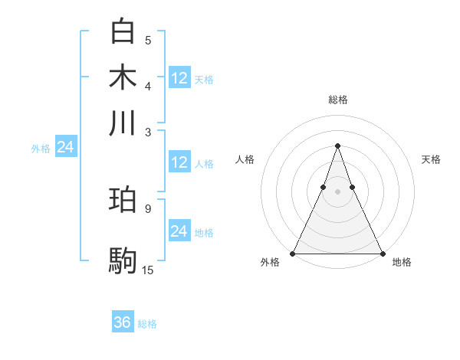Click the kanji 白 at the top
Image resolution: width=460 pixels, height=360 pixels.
tap(123, 32)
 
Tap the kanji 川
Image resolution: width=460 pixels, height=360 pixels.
tap(123, 123)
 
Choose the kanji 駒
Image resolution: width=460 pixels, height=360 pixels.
tap(123, 260)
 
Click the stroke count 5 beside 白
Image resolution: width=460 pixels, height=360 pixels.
tap(148, 41)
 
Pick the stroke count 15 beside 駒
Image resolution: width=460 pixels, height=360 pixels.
tap(148, 270)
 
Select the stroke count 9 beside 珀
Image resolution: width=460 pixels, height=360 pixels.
tap(148, 208)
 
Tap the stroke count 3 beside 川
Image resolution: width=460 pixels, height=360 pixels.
tap(148, 132)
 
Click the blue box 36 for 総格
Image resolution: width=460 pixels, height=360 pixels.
tap(123, 322)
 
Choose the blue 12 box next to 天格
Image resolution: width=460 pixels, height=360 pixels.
tap(179, 78)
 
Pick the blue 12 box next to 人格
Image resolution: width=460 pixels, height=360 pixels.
tap(179, 162)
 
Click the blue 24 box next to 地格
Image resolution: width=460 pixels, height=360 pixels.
tap(179, 231)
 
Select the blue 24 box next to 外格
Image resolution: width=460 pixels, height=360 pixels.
tap(65, 148)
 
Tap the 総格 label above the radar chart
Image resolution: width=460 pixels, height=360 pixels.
tap(337, 100)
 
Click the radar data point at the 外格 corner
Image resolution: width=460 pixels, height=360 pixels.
tap(293, 254)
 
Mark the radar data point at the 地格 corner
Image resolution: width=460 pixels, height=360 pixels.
tap(382, 254)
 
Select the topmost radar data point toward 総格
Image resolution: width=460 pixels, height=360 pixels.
tap(337, 146)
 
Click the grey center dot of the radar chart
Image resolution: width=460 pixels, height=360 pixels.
tap(337, 191)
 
